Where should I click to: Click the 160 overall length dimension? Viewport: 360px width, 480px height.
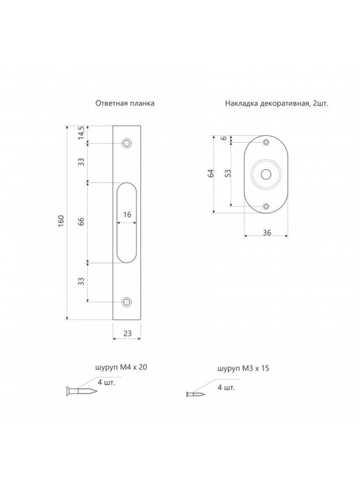click(61, 221)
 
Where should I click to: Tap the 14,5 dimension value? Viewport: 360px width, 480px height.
click(81, 133)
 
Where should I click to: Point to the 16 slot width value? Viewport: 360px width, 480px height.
click(127, 214)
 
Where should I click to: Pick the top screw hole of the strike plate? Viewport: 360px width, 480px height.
click(127, 144)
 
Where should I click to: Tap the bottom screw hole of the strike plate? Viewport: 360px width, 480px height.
click(127, 302)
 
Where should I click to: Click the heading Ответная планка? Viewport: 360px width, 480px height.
click(125, 103)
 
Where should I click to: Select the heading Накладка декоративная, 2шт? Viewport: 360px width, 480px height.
click(277, 103)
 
